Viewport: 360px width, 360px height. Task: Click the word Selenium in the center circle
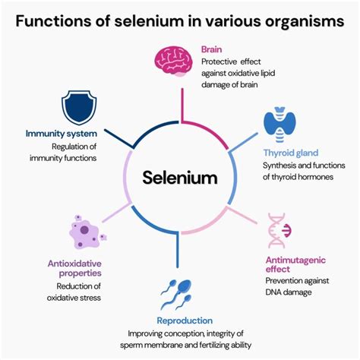[179, 178]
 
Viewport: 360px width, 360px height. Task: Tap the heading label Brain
[211, 49]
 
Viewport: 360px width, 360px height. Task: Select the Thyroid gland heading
[292, 151]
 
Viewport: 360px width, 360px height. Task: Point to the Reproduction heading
[184, 321]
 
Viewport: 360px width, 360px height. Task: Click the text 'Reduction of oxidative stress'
[77, 292]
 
